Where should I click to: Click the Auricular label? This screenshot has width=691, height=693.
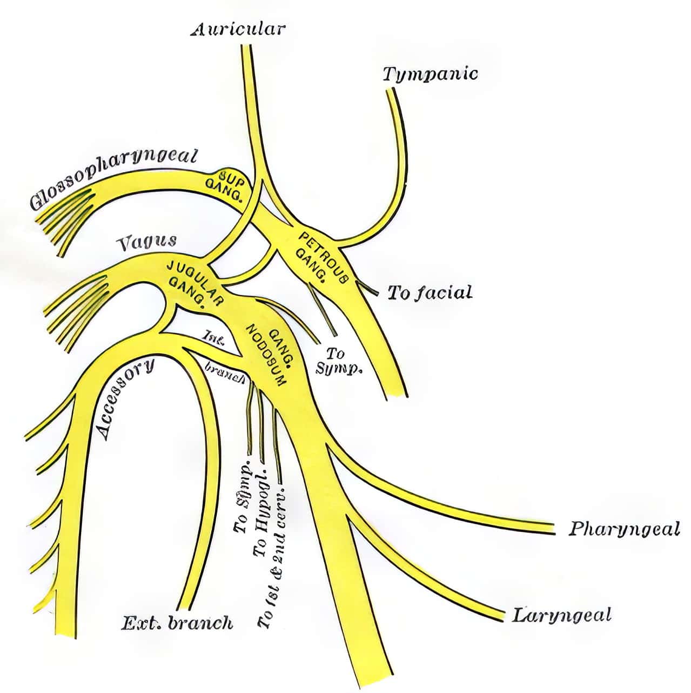pyautogui.click(x=238, y=29)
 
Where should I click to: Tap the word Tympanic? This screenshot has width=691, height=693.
pyautogui.click(x=430, y=74)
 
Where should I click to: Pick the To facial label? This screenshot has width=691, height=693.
pyautogui.click(x=430, y=294)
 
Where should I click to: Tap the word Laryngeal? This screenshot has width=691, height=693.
pyautogui.click(x=561, y=615)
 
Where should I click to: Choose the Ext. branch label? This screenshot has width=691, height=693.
pyautogui.click(x=177, y=623)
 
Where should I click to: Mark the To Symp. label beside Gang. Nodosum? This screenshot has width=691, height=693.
pyautogui.click(x=338, y=361)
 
